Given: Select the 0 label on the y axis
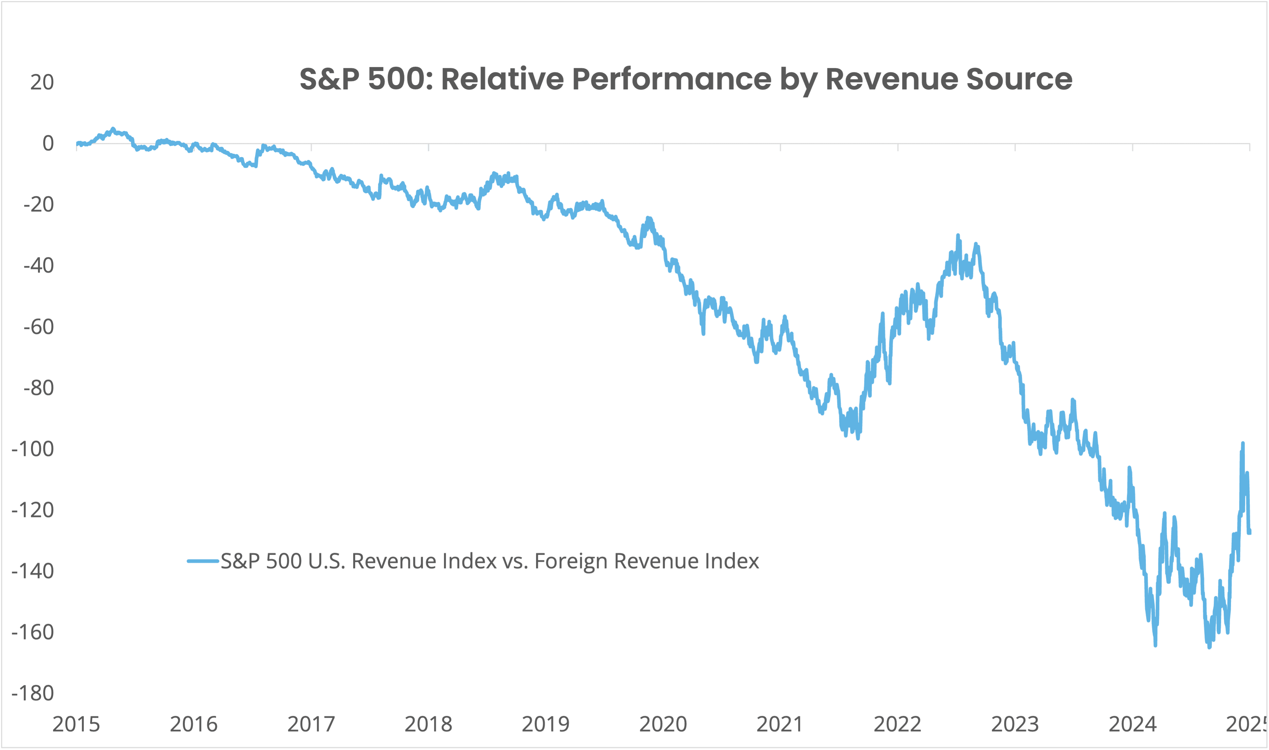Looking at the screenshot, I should point(48,144).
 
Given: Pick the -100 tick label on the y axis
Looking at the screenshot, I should point(33,449).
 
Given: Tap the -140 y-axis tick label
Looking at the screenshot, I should point(33,571).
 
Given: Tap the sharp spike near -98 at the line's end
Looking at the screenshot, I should point(1243,443).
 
